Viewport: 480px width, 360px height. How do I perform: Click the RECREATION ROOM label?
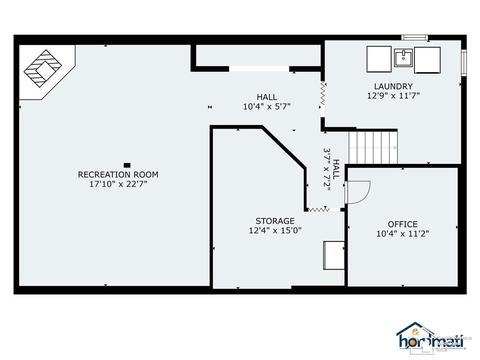tap(118, 174)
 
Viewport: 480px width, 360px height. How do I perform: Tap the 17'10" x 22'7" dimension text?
tap(118, 184)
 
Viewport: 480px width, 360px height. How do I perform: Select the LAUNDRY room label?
tap(393, 86)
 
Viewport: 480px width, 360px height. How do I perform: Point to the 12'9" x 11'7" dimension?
tap(393, 96)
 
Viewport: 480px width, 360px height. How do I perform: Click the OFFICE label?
tap(402, 224)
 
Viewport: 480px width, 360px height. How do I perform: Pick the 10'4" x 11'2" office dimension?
tap(402, 234)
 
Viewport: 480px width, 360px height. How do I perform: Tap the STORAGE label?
tap(275, 221)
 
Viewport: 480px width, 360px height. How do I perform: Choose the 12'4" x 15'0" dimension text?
tap(275, 230)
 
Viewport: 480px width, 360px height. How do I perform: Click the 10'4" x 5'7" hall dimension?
tap(267, 107)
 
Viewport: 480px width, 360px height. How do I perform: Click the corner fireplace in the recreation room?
tap(43, 68)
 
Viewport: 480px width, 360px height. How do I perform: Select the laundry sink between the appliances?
tap(403, 57)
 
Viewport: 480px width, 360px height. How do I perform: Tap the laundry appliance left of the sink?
tap(379, 59)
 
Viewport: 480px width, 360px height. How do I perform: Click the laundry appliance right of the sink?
tap(427, 60)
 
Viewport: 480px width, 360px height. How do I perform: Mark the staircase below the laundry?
tap(373, 147)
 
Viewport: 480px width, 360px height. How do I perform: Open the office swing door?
tap(358, 192)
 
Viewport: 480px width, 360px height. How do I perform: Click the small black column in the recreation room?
tap(127, 165)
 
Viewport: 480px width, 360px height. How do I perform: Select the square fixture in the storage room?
tap(334, 255)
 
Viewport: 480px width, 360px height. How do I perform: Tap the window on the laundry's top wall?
tap(414, 37)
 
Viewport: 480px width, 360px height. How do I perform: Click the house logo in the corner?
tap(430, 337)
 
